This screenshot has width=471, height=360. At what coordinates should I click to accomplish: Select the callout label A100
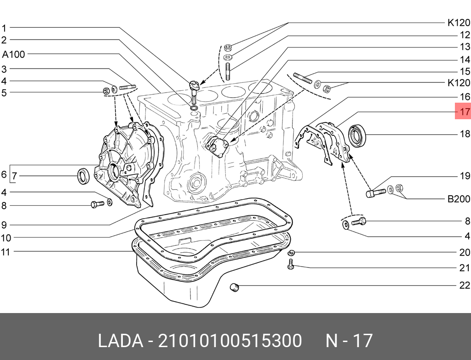(14, 54)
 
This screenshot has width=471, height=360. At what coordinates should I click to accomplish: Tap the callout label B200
(459, 199)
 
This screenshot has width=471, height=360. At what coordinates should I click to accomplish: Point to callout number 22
(465, 285)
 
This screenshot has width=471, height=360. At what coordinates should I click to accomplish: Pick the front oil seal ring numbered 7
(83, 176)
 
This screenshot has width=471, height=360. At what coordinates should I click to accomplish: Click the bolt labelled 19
(375, 191)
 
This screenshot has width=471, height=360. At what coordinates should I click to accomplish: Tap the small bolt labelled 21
(290, 264)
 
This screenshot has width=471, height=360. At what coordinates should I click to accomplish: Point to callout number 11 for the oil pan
(5, 251)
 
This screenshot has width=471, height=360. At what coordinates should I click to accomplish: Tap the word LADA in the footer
(120, 341)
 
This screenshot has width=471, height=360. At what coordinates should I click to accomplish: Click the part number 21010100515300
(230, 341)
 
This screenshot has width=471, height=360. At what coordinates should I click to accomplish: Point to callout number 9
(4, 225)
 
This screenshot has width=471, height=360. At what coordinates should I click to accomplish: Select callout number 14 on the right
(465, 60)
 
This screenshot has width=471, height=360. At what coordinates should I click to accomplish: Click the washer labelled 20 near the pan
(291, 252)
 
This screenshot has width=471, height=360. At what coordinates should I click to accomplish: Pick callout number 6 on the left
(4, 175)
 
